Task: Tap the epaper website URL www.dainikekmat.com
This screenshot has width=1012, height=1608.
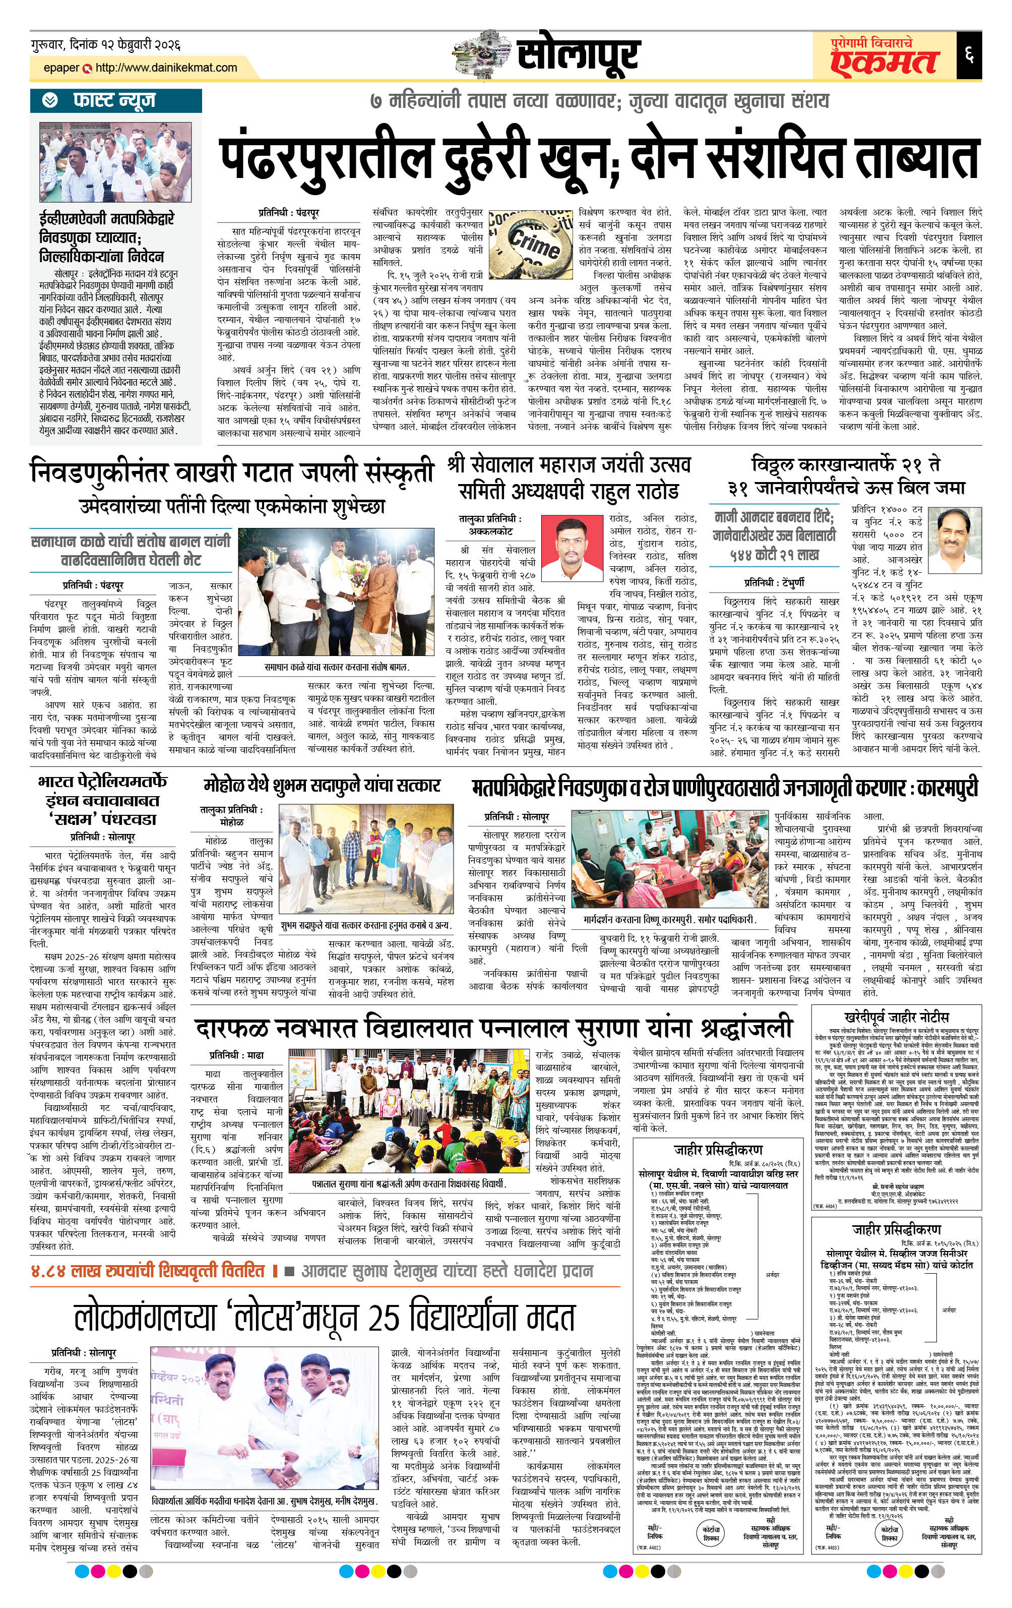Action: [x=166, y=68]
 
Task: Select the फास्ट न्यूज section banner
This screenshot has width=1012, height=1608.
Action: [x=114, y=101]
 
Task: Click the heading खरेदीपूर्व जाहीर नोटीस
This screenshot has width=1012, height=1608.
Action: [x=896, y=1017]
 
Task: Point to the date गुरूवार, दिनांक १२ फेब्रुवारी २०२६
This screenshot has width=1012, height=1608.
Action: [x=105, y=45]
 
